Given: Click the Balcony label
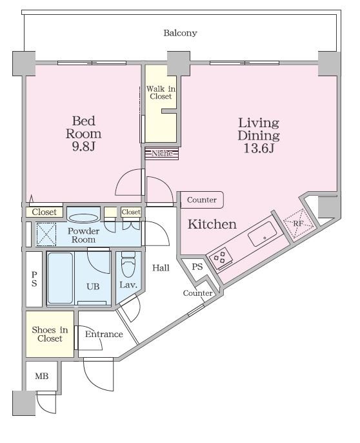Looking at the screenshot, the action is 180,33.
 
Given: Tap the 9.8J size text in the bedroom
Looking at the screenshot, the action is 84,147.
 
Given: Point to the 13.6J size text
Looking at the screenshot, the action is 259,148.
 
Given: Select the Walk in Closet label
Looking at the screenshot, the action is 161,93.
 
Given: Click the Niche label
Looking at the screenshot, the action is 162,154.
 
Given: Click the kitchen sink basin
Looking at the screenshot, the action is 263,234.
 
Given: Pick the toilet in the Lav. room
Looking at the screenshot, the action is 128,265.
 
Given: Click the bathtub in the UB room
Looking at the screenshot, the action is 60,278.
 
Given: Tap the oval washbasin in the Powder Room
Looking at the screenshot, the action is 84,218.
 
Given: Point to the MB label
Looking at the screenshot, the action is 42,376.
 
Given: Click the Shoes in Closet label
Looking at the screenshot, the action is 50,334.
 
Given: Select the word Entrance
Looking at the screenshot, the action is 104,335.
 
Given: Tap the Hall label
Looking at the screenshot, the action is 161,267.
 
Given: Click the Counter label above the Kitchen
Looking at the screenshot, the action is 201,200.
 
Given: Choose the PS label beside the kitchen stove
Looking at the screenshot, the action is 197,267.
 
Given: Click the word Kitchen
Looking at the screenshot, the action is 212,224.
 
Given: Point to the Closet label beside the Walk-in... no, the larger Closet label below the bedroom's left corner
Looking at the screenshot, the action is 44,212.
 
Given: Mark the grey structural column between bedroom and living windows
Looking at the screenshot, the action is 179,63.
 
